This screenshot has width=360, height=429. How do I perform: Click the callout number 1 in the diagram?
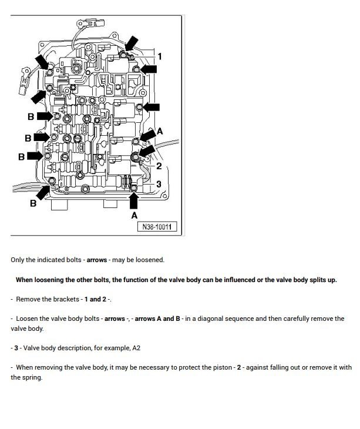point(160,57)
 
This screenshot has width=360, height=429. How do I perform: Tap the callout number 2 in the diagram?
point(159,166)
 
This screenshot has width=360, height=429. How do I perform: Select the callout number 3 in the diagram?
point(159,185)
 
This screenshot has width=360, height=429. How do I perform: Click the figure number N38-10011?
point(157,227)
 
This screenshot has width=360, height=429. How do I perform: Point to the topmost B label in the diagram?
point(31,117)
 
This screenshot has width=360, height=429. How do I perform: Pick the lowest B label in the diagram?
point(33,203)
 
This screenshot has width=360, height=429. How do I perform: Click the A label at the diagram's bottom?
point(134,216)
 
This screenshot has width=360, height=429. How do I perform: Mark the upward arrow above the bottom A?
point(134,200)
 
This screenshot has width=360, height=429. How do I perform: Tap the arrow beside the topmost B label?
point(45,116)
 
